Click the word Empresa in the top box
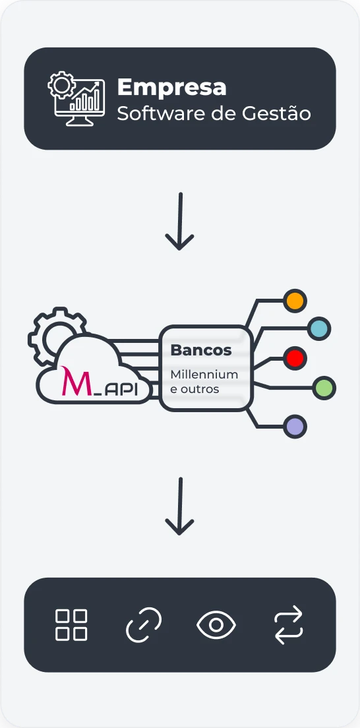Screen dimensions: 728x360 click(x=171, y=87)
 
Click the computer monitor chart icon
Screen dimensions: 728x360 click(x=76, y=99)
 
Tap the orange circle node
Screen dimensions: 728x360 click(x=295, y=301)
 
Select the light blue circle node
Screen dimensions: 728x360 click(x=319, y=328)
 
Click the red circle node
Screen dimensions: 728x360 click(x=295, y=358)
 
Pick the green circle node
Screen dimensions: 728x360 click(x=324, y=388)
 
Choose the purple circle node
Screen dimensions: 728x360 click(x=295, y=427)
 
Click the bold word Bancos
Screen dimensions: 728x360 click(x=201, y=349)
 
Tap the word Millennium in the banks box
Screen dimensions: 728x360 click(x=204, y=375)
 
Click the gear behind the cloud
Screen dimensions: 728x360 click(x=53, y=333)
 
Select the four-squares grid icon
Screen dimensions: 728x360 click(x=71, y=624)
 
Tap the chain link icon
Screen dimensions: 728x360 click(x=144, y=624)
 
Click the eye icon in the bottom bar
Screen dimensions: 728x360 click(x=216, y=624)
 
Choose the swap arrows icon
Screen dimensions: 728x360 click(x=288, y=624)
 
